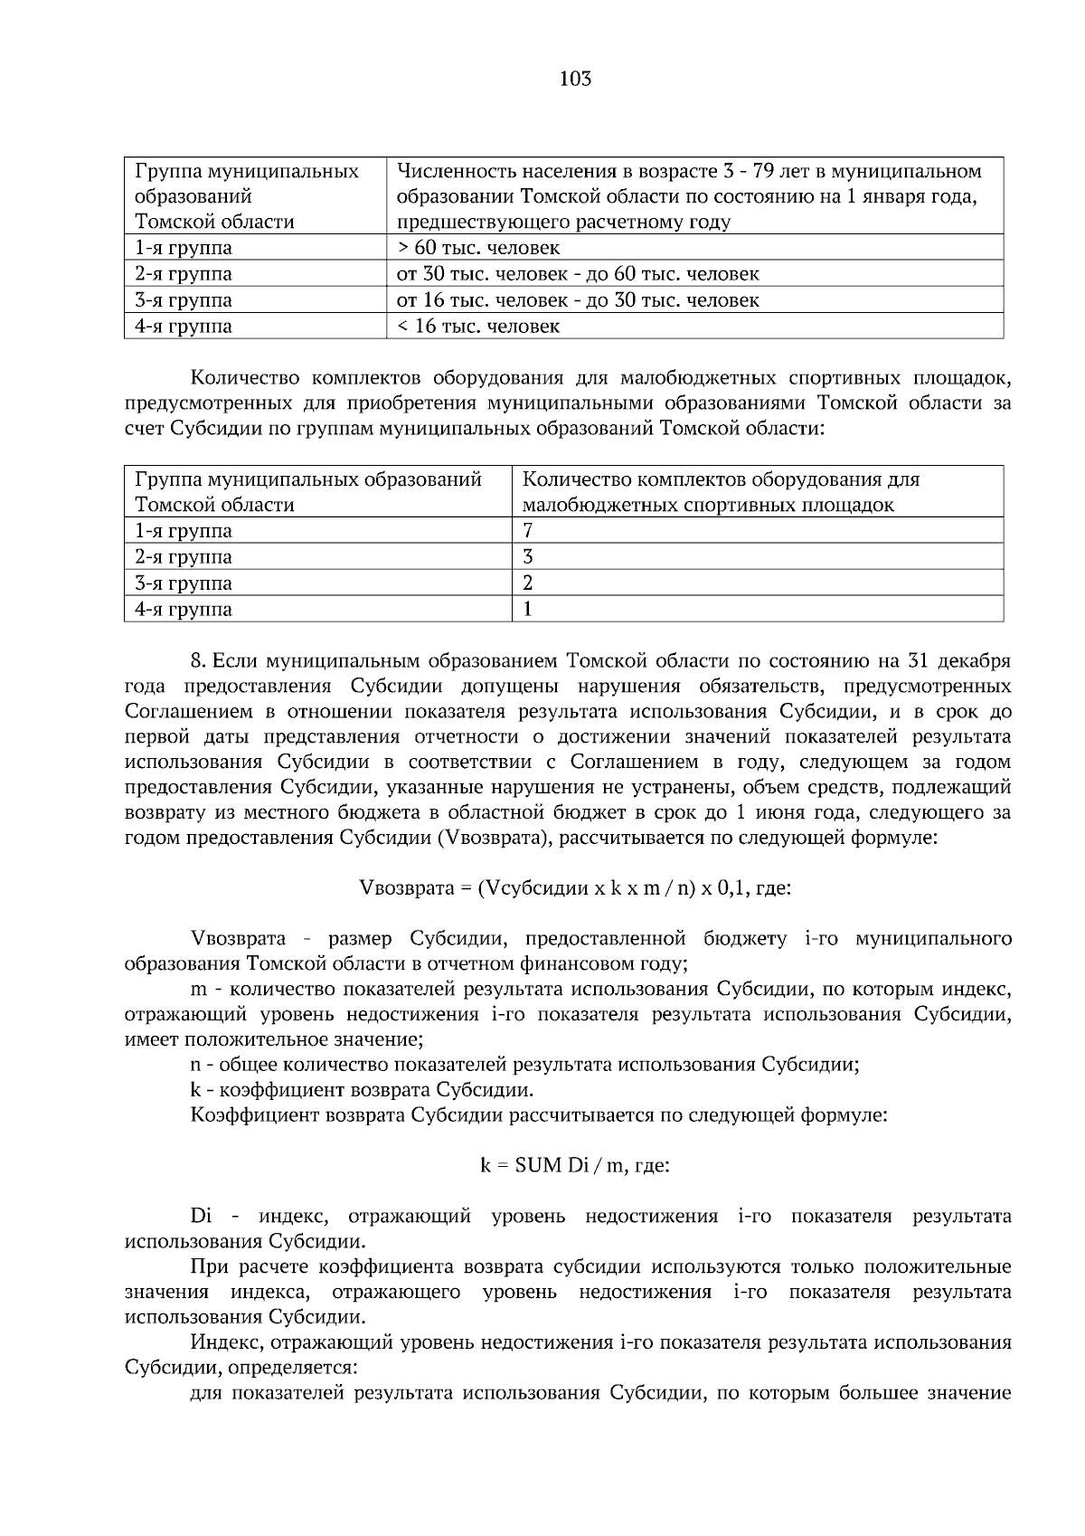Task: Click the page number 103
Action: (x=575, y=79)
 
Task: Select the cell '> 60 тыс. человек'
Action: (x=478, y=248)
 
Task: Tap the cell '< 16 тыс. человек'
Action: (x=478, y=327)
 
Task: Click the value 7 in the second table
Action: (x=528, y=531)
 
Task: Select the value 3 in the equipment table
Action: (x=528, y=557)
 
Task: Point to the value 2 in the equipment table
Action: (x=528, y=583)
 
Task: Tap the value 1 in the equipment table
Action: (x=528, y=610)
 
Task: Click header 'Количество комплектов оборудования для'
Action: (x=721, y=479)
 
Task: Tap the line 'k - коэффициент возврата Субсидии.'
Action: (x=362, y=1090)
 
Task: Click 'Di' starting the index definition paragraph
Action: (x=201, y=1217)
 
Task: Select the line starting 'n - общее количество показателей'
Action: (x=524, y=1065)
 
